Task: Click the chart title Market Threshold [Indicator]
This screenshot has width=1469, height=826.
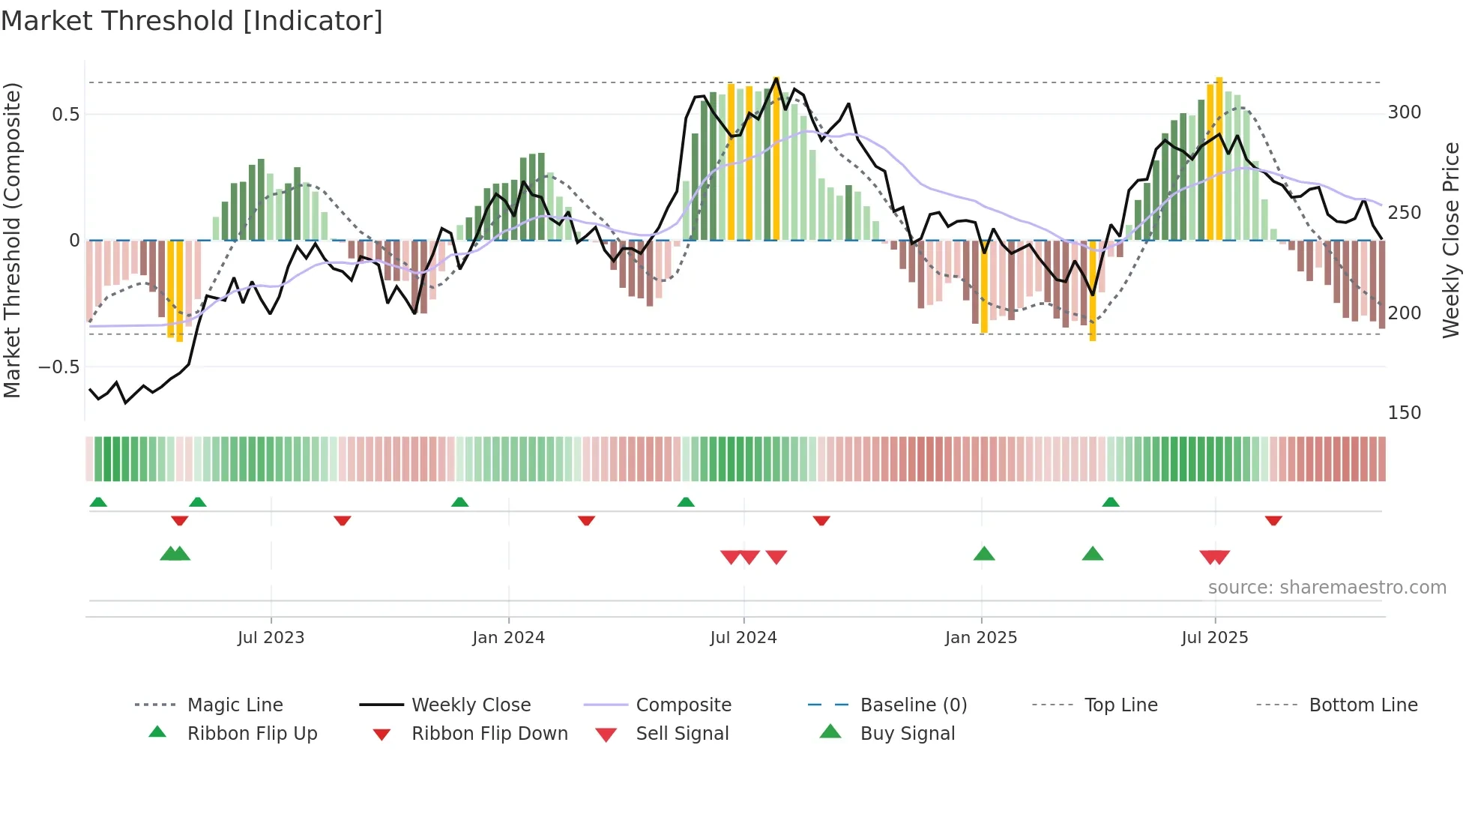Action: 192,21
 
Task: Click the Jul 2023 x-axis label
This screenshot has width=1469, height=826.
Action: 271,638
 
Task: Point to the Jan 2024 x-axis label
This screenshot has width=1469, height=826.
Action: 508,638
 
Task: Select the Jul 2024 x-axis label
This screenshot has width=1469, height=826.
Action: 743,638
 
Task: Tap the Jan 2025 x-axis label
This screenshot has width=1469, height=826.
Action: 980,638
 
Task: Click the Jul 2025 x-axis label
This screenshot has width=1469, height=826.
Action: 1214,638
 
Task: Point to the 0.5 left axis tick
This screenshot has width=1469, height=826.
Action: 65,115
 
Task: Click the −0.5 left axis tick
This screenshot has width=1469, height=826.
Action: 59,367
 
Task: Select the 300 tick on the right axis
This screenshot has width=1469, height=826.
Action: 1404,112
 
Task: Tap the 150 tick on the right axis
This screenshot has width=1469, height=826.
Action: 1404,413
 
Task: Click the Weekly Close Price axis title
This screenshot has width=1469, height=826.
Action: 1451,240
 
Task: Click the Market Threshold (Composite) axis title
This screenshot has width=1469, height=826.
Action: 12,240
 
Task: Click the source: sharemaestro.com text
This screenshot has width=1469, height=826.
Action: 1327,588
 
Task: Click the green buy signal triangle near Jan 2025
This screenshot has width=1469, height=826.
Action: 983,555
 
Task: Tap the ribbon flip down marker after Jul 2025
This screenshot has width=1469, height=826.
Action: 1273,520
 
